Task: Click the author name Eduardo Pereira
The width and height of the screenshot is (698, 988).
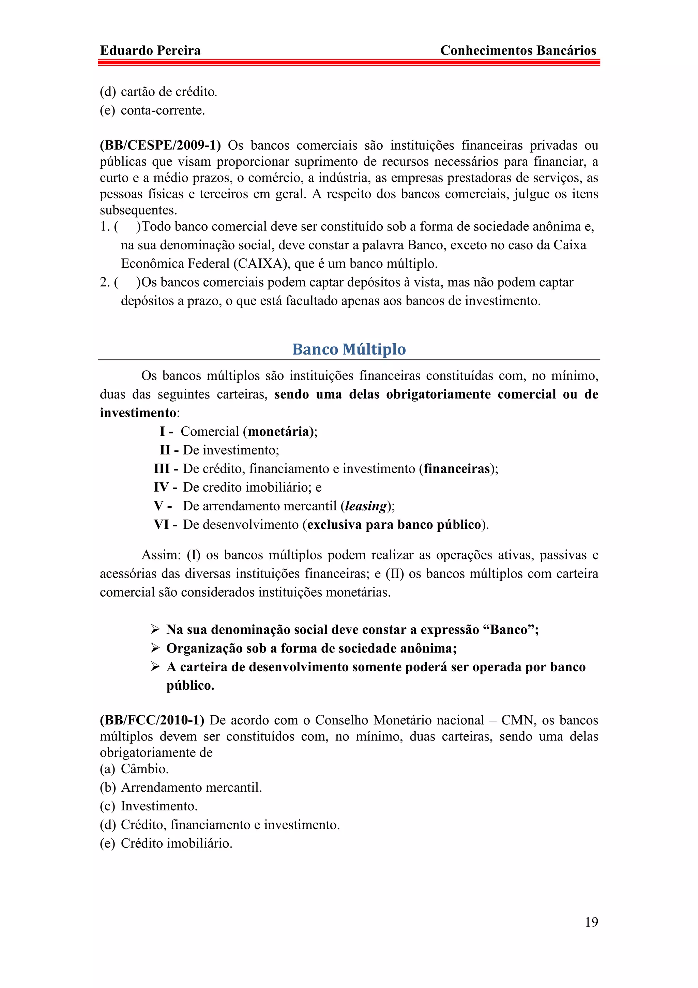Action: [x=150, y=50]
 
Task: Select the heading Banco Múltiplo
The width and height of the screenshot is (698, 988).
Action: [x=349, y=349]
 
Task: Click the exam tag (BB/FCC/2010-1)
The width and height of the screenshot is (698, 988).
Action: [x=152, y=720]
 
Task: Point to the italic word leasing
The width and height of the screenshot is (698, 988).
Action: [x=366, y=506]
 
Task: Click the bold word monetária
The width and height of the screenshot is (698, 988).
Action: [x=280, y=432]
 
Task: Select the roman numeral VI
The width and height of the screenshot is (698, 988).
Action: [x=162, y=525]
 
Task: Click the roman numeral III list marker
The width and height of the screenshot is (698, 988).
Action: [x=162, y=469]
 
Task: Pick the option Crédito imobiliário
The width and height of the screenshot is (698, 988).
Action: [x=176, y=843]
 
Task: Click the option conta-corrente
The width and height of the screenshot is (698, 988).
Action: [x=163, y=110]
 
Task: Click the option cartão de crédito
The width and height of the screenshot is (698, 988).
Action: [x=169, y=92]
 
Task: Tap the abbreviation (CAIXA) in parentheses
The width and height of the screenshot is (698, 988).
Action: [x=260, y=263]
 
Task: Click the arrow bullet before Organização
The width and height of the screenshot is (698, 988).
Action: [x=155, y=648]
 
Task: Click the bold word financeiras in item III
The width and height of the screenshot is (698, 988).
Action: [x=457, y=469]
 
